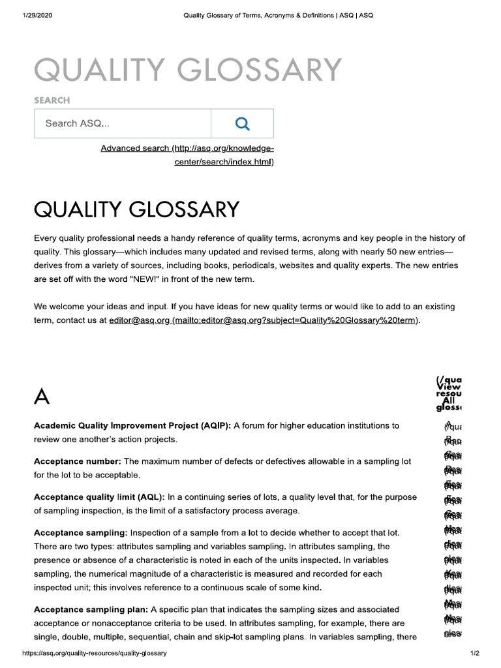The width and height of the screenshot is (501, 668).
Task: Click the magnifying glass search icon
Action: coord(242,123)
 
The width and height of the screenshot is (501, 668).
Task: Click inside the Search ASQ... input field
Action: coord(123,123)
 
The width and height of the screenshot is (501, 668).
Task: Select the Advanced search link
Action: coord(187,155)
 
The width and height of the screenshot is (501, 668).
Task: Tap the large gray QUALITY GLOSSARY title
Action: coord(188,70)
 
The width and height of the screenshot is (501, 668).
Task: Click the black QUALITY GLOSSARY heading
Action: coord(136,209)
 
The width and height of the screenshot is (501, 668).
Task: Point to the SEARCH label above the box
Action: coord(52,100)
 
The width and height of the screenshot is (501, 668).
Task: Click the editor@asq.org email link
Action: coord(138,321)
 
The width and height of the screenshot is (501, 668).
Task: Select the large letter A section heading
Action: coord(42,396)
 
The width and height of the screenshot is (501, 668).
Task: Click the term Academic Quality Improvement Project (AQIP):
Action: coord(132,425)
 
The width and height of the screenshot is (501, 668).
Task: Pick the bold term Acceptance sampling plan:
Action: coord(91,609)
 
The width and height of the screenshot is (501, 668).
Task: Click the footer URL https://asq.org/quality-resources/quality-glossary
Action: coord(95,653)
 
